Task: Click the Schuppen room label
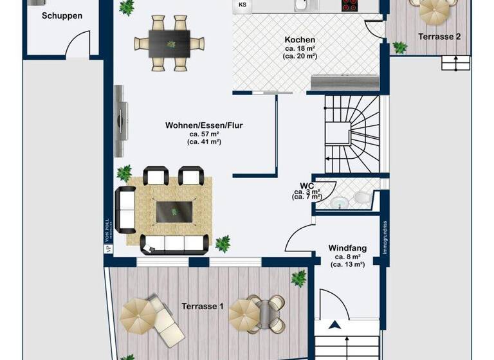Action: [x=62, y=15]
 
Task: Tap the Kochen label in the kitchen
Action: [x=300, y=40]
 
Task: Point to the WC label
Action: [x=306, y=185]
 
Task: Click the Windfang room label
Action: [x=348, y=248]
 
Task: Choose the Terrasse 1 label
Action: [x=202, y=306]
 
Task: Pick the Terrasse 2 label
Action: [x=439, y=37]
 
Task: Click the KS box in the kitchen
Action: [x=242, y=5]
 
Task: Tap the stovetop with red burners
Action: [x=349, y=5]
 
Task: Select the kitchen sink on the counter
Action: [x=301, y=5]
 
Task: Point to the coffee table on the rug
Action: [x=174, y=212]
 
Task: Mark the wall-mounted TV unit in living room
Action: [x=120, y=120]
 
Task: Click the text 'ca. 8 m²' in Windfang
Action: [x=348, y=256]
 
